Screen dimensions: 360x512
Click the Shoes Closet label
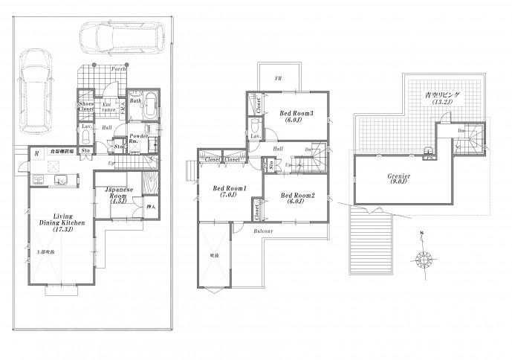coord(86,106)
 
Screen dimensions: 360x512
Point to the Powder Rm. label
coord(137,139)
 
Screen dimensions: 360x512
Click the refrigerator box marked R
coord(36,154)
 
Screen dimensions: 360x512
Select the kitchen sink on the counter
coord(60,178)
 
